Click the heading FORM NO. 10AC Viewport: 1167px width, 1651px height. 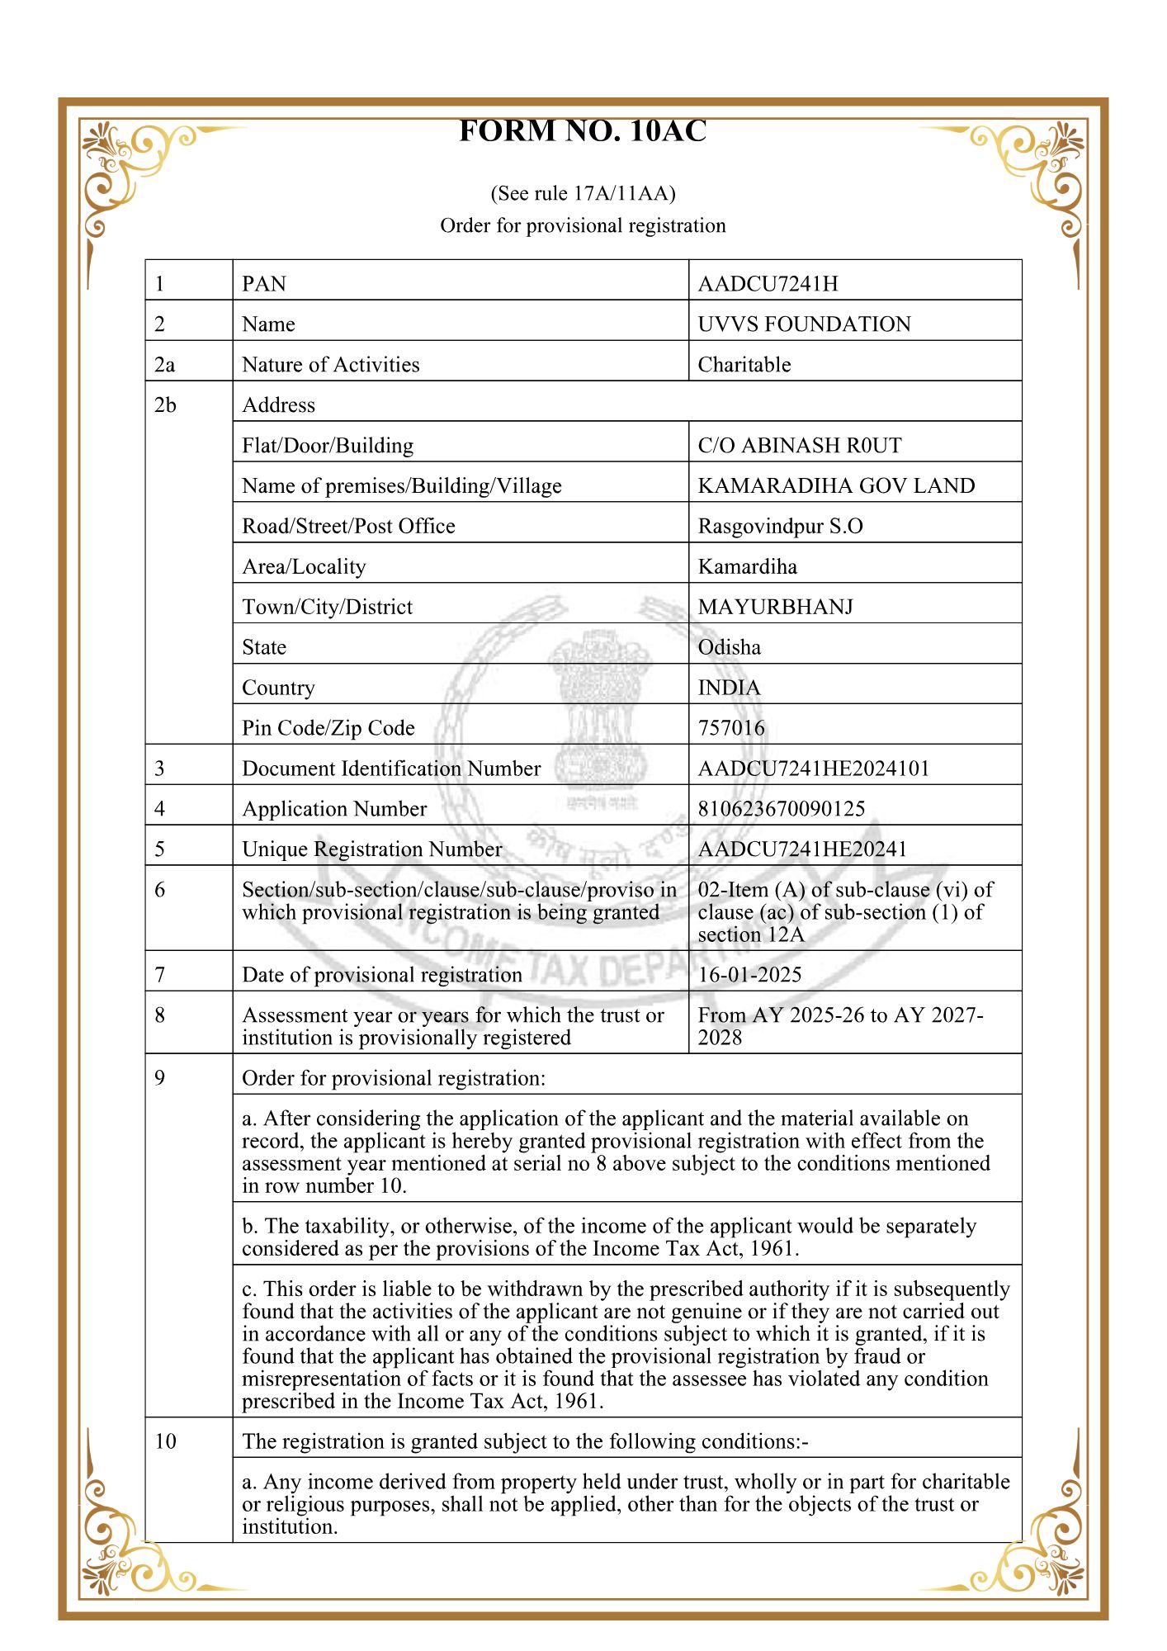[x=583, y=131]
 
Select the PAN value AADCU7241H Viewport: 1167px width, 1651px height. [x=768, y=284]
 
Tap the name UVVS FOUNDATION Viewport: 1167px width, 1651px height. [x=804, y=324]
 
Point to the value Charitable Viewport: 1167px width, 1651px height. [x=744, y=365]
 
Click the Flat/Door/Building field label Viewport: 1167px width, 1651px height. [x=328, y=446]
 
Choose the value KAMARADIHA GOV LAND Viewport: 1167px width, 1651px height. [x=836, y=486]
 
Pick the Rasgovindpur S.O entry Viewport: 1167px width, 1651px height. [x=780, y=527]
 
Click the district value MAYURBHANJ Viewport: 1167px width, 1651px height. [x=775, y=608]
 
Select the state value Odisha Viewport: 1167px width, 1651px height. [x=729, y=648]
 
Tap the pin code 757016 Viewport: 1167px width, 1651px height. [x=731, y=728]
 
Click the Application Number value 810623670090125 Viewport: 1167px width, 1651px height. [x=781, y=809]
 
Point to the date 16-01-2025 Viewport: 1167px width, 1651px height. [x=749, y=975]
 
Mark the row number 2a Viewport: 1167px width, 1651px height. [x=165, y=365]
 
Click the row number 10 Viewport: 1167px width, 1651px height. [x=165, y=1441]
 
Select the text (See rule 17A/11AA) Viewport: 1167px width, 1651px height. [x=583, y=194]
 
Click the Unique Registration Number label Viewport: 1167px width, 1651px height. [x=371, y=849]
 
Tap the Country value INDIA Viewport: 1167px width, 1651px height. [x=729, y=688]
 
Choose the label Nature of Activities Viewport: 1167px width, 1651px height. [x=330, y=365]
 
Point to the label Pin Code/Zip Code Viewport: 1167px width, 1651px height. [x=328, y=728]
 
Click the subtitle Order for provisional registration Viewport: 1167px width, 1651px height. [x=583, y=226]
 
